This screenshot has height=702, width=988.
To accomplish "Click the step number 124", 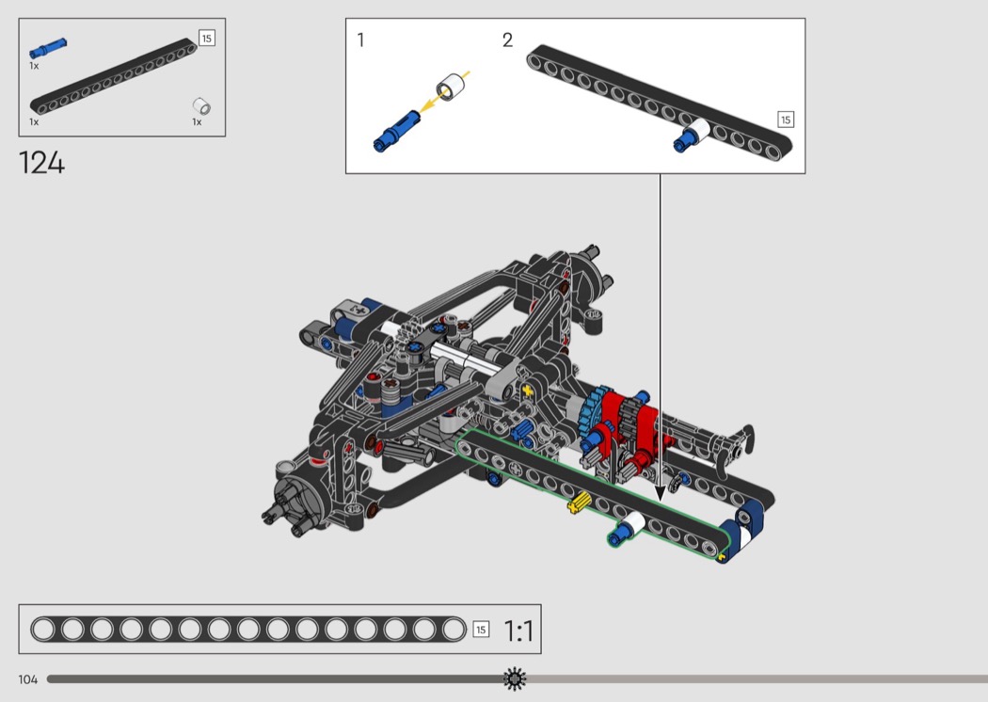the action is [41, 163].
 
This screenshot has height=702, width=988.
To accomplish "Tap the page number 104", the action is [27, 679].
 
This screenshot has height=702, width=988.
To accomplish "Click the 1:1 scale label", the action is [518, 630].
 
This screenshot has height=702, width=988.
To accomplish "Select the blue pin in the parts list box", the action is [49, 48].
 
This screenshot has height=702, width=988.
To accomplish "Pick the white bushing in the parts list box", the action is [201, 106].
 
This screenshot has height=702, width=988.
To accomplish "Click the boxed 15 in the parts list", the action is [207, 39].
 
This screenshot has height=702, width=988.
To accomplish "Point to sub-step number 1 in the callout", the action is [360, 40].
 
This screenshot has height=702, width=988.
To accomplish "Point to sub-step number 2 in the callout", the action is [507, 40].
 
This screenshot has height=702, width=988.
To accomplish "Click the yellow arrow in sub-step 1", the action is [443, 92].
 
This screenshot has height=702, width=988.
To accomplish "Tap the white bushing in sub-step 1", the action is [451, 87].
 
